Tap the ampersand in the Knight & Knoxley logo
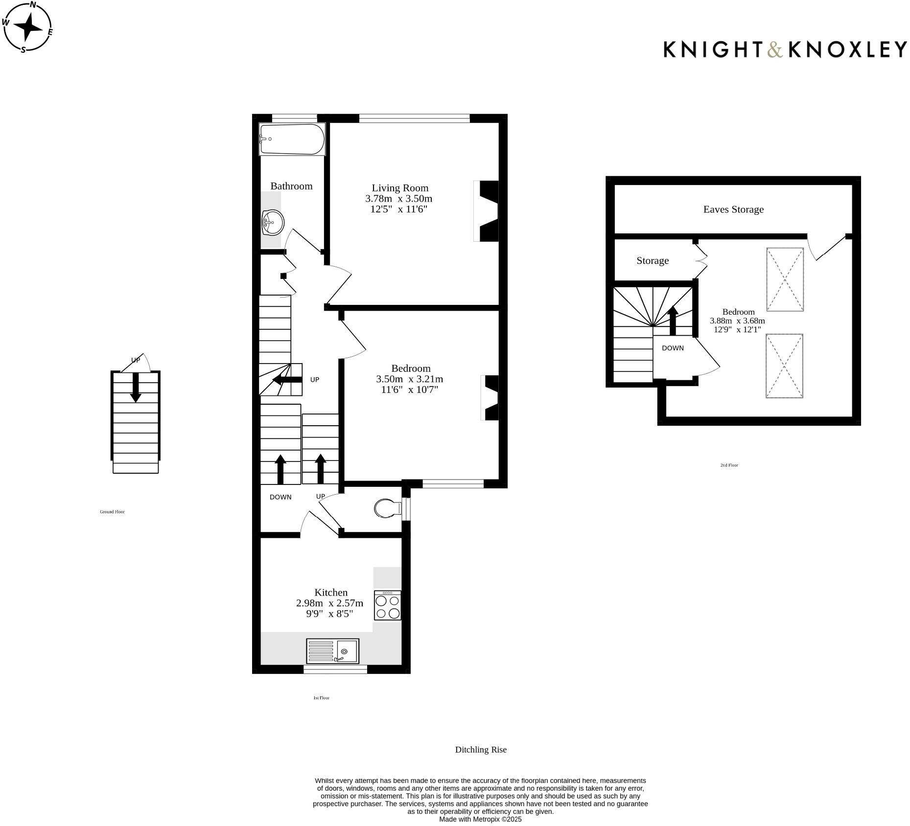[774, 50]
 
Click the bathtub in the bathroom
[292, 139]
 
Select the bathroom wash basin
[273, 223]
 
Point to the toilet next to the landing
[386, 508]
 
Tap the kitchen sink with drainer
[332, 651]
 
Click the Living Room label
[399, 188]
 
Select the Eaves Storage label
[733, 209]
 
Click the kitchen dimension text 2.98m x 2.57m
[329, 603]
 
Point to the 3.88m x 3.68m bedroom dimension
[737, 321]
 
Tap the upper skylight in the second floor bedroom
[785, 279]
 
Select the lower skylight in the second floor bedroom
[784, 366]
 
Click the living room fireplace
[487, 211]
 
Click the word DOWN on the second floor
[673, 348]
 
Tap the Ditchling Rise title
[480, 750]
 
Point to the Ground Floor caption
[112, 512]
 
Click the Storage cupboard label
[652, 261]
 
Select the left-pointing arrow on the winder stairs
[287, 380]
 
